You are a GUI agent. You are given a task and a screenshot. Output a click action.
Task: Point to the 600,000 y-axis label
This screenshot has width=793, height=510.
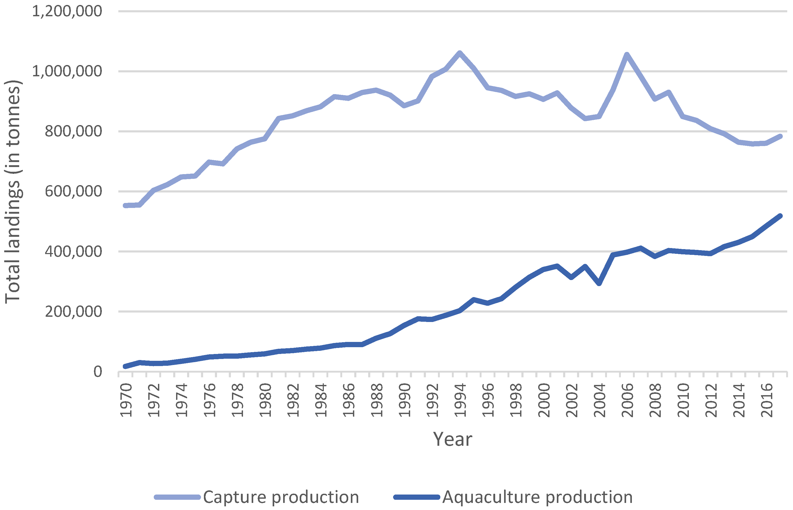tap(73, 192)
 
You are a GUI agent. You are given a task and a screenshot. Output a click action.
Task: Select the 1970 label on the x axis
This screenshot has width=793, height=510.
tap(126, 400)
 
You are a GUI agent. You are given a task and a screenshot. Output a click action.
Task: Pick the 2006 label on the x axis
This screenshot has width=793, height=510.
tap(627, 400)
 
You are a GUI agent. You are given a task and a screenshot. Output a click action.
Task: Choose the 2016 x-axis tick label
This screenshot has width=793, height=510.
tap(766, 400)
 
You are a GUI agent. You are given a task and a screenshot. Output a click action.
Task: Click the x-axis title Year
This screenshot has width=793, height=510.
tap(452, 439)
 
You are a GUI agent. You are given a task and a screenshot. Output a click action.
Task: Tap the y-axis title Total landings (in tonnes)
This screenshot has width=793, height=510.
tap(13, 191)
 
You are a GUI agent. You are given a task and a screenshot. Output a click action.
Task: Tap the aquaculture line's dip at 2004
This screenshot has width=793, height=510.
tap(599, 283)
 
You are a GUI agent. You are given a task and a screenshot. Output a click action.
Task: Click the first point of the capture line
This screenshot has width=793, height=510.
tap(125, 206)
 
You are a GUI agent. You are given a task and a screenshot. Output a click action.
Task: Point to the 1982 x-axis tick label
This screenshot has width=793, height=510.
tap(293, 400)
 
